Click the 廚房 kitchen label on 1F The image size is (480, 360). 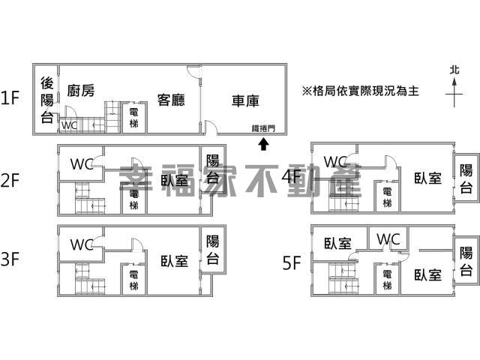click(x=80, y=91)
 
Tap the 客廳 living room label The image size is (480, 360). click(x=171, y=99)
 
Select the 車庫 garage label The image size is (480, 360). click(x=245, y=99)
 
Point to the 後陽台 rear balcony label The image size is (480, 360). click(x=46, y=100)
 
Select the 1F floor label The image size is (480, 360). click(x=10, y=97)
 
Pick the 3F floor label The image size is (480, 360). click(x=10, y=260)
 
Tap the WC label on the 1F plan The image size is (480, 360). click(x=69, y=125)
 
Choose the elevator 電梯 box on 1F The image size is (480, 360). click(x=133, y=117)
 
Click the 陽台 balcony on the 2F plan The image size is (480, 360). click(x=213, y=168)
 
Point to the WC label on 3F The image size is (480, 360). click(x=81, y=244)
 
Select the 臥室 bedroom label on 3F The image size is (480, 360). click(x=174, y=261)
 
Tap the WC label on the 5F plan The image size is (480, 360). click(x=388, y=238)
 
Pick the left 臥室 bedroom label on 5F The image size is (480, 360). click(x=337, y=244)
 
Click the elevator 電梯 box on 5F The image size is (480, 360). click(x=387, y=279)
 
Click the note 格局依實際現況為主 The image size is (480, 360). click(x=360, y=90)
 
